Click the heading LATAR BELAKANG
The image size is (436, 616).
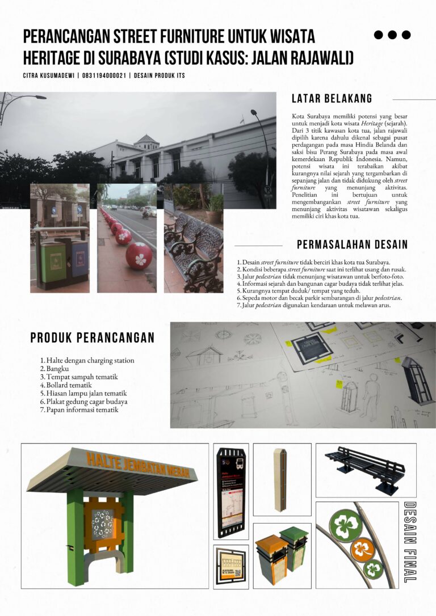pyautogui.click(x=332, y=98)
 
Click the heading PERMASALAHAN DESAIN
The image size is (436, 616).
pyautogui.click(x=352, y=245)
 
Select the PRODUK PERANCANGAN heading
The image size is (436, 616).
pyautogui.click(x=92, y=338)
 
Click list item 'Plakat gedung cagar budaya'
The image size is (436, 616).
pyautogui.click(x=87, y=401)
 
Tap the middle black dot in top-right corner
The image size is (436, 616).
pyautogui.click(x=392, y=35)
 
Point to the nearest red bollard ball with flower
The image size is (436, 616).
pyautogui.click(x=139, y=255)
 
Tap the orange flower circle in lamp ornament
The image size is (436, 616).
pyautogui.click(x=360, y=549)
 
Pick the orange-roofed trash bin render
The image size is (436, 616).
pyautogui.click(x=271, y=559)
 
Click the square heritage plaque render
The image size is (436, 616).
pyautogui.click(x=230, y=566)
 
